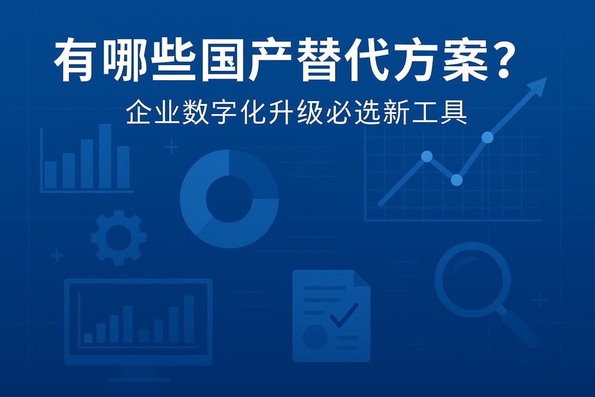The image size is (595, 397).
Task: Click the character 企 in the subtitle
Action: tap(138, 113)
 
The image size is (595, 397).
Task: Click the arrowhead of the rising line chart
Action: tap(540, 85)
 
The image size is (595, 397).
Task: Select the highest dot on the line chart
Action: tap(488, 138)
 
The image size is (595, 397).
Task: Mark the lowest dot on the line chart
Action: tap(457, 180)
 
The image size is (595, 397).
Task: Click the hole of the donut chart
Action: tap(229, 199)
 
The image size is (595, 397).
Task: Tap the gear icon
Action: tap(119, 238)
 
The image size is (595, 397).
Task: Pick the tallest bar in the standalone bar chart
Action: tap(105, 156)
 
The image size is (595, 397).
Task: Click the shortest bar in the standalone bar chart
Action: tap(51, 174)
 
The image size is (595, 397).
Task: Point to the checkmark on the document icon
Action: tap(343, 316)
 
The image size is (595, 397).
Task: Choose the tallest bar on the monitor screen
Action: tap(189, 319)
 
